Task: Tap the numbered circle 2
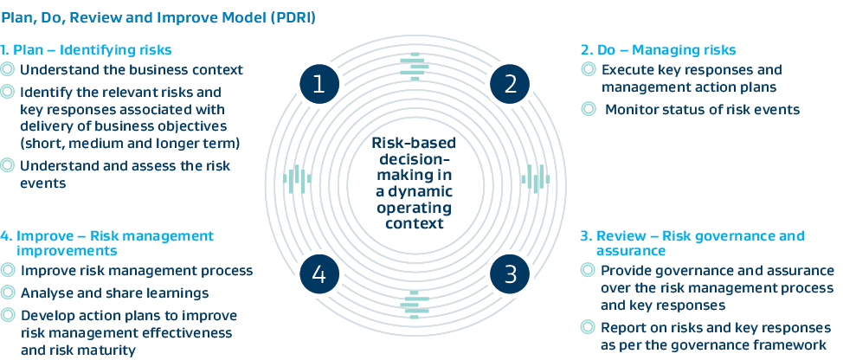[x=510, y=83]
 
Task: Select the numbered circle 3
[x=510, y=274]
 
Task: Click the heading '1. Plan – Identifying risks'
[x=87, y=49]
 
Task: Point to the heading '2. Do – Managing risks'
[x=658, y=49]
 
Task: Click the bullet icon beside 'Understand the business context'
[x=8, y=69]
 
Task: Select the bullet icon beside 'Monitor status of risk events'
[x=589, y=109]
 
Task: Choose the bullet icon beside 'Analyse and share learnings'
[x=8, y=292]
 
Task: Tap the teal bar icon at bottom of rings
[x=415, y=302]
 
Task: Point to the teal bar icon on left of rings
[x=296, y=179]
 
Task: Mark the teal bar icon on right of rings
[x=535, y=179]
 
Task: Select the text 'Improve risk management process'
[x=136, y=270]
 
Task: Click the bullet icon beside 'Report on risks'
[x=589, y=326]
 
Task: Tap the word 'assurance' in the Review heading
[x=631, y=251]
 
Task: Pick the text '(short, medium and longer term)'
[x=130, y=142]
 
